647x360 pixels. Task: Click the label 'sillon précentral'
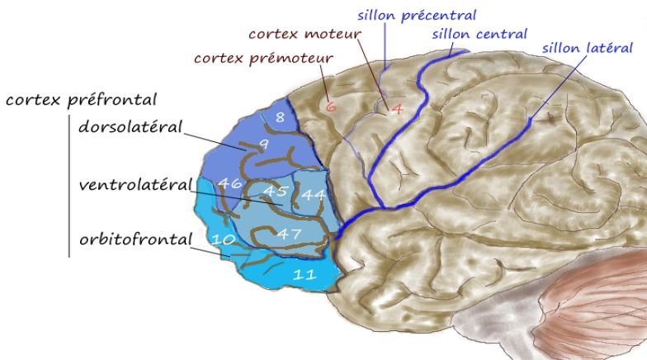[416, 15]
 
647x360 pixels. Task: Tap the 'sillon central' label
[479, 34]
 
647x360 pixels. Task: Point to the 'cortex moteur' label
[305, 34]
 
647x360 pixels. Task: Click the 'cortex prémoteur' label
[263, 59]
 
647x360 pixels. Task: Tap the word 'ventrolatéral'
[135, 184]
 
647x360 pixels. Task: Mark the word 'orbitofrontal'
[135, 240]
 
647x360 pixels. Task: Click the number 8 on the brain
[280, 118]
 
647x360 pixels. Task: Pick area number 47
[288, 234]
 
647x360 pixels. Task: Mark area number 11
[305, 275]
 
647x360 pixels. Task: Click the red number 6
[330, 106]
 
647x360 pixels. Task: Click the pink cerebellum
[598, 310]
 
